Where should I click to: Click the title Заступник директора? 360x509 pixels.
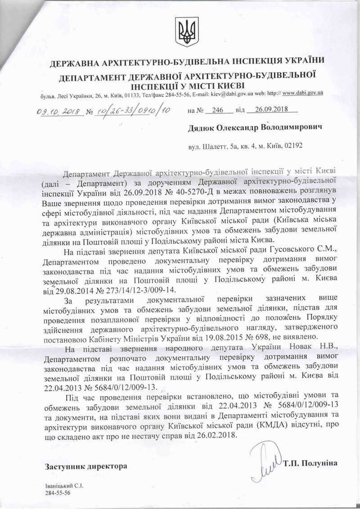click(85, 466)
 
